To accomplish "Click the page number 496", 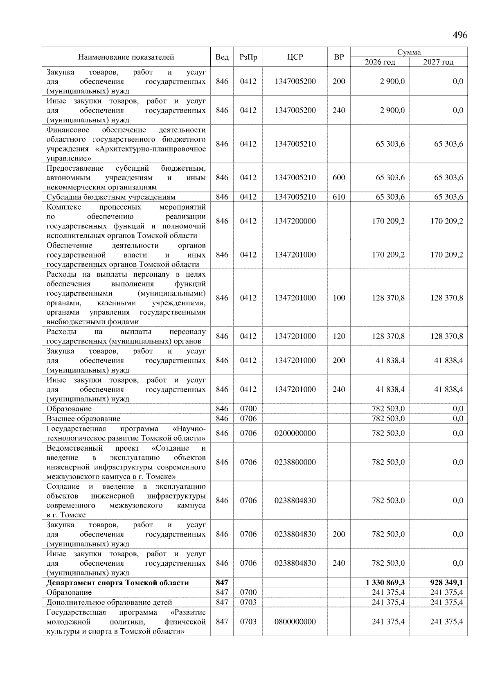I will (459, 35).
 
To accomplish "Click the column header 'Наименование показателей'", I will (126, 57).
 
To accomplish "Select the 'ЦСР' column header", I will (295, 57).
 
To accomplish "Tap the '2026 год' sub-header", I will (380, 62).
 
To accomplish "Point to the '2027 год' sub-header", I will (438, 62).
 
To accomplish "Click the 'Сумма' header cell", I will (409, 52).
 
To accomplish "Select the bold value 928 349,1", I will (444, 582).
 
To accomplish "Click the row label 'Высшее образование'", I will (83, 418).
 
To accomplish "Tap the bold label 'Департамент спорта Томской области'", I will (118, 582).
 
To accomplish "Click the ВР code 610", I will (339, 197).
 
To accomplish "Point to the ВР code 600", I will (339, 178).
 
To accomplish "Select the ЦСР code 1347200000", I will (295, 221).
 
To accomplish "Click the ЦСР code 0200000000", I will (295, 433).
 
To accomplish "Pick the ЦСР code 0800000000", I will (295, 621).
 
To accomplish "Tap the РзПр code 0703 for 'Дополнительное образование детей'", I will (248, 602).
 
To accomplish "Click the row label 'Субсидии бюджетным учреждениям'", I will (111, 197).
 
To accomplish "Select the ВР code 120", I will (339, 336).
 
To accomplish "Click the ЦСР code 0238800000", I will (295, 462).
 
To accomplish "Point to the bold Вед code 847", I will (222, 582).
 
